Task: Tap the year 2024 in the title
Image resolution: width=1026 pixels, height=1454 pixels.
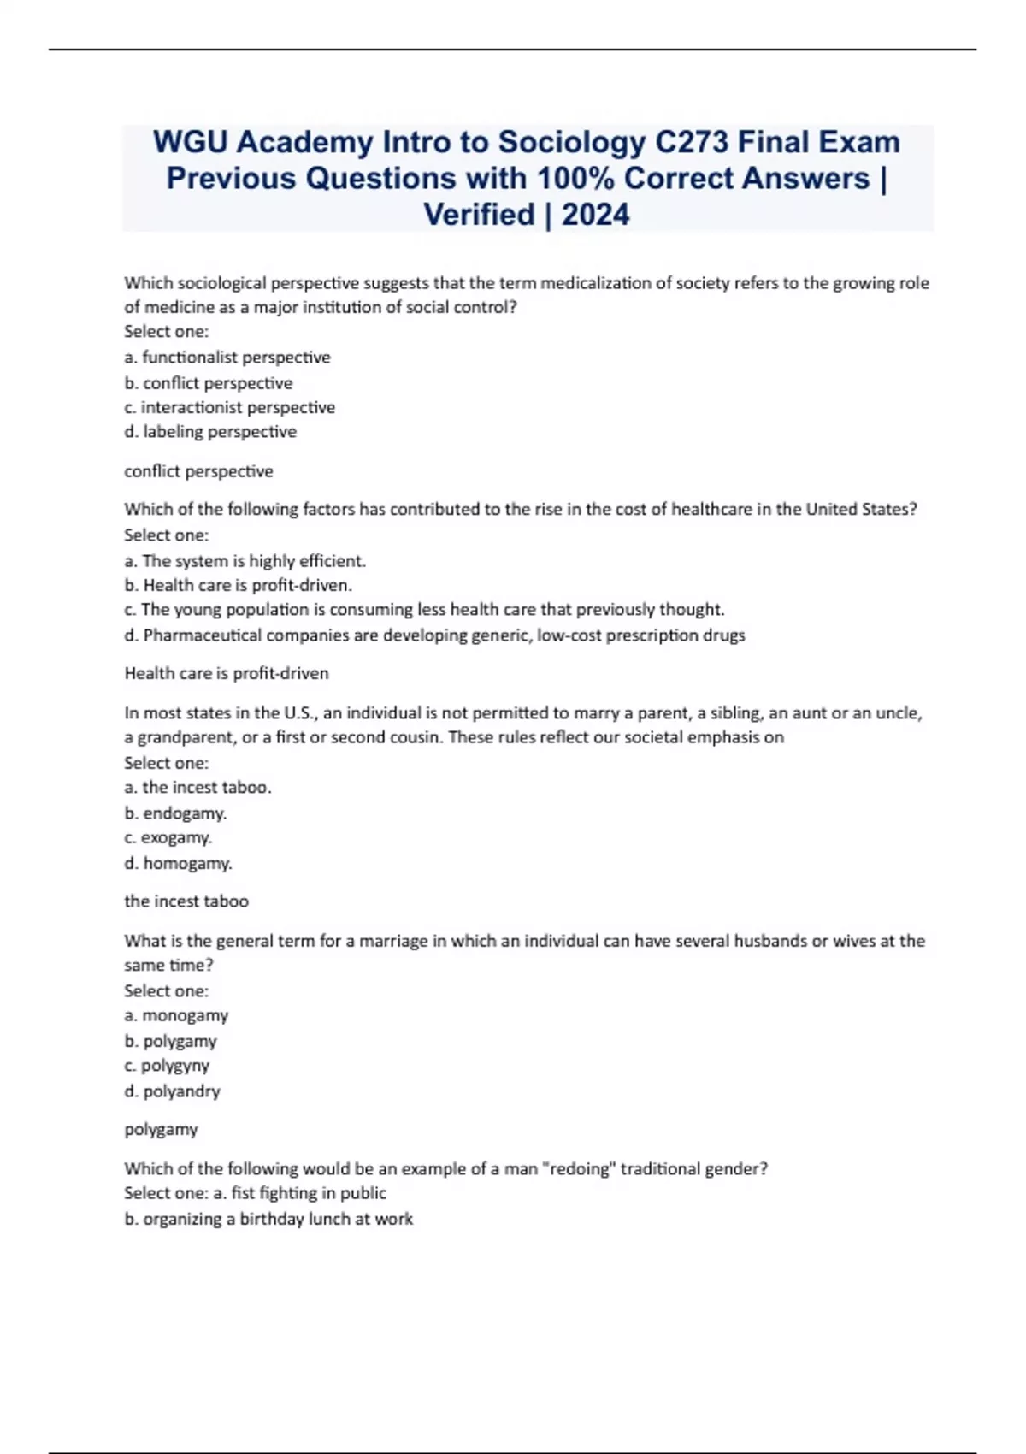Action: pos(595,214)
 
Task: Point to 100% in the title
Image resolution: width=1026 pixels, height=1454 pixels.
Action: pos(575,178)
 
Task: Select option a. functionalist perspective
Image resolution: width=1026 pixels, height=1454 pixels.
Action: pos(227,358)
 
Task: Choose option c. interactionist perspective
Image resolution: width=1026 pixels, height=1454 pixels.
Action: pos(229,407)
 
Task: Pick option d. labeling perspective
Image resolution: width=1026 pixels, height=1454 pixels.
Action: pos(210,432)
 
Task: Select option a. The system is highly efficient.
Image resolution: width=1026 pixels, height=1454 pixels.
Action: pos(245,561)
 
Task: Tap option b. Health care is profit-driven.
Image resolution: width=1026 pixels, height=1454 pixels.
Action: pos(239,586)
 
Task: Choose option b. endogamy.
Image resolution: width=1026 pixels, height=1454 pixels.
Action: pos(175,813)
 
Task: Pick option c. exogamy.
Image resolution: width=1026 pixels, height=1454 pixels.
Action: pos(168,837)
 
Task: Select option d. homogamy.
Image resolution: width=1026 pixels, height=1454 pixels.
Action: pos(178,864)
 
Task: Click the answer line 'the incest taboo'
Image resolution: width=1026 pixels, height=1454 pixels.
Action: pos(186,901)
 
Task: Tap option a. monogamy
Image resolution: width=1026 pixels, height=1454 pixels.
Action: pos(176,1016)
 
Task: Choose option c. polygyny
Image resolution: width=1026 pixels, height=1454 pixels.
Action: pos(167,1066)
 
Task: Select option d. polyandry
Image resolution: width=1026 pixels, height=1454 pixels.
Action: pos(172,1091)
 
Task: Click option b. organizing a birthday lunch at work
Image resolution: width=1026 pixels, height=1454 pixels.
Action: pos(268,1220)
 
